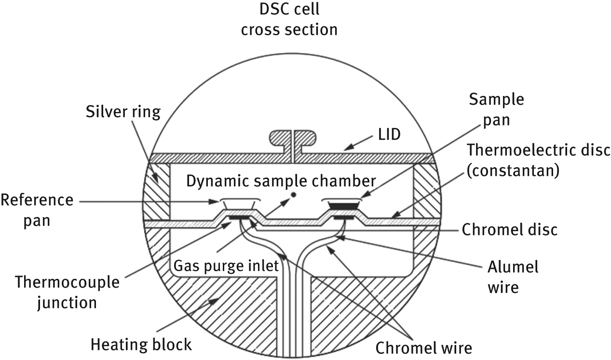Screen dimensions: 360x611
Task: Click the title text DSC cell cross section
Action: [x=289, y=20]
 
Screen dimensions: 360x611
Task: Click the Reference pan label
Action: [x=37, y=209]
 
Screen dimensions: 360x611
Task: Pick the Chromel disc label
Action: [x=509, y=230]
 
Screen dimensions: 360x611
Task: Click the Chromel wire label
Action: [x=423, y=346]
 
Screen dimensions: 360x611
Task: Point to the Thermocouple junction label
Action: [x=67, y=292]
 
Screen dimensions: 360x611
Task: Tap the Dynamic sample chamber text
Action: [x=281, y=181]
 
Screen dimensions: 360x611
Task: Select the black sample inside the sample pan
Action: [x=345, y=207]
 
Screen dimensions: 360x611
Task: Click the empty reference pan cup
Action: [x=240, y=205]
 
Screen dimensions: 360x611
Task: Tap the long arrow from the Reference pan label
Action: [x=145, y=202]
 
